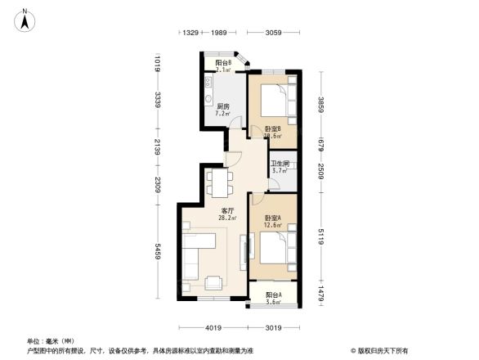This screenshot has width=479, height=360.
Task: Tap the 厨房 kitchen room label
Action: [222, 106]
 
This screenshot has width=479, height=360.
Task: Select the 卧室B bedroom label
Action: [273, 129]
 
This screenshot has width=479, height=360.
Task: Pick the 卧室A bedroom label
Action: [273, 218]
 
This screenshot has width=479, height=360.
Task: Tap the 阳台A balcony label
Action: [274, 295]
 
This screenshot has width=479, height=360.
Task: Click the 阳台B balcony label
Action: [222, 63]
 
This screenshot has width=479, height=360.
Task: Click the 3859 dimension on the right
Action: [321, 105]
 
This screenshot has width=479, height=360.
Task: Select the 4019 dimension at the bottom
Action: [214, 328]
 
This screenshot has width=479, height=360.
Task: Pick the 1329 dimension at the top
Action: [191, 33]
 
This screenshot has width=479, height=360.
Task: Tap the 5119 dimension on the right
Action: [321, 235]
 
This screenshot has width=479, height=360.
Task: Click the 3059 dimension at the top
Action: [274, 33]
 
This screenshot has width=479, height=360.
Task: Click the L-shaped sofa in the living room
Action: [199, 256]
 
